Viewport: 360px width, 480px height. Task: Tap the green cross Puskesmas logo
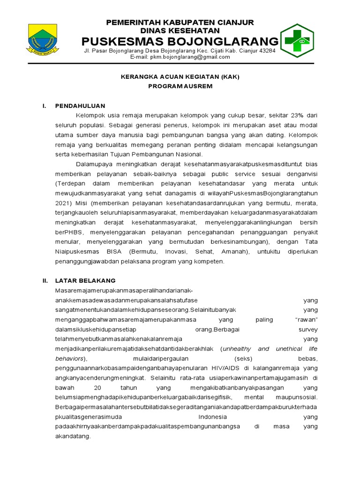(297, 40)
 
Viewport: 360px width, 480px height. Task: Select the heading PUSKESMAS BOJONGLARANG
(180, 41)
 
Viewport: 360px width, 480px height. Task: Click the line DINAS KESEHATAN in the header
(180, 30)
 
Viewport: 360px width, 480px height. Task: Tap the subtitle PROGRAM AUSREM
(180, 86)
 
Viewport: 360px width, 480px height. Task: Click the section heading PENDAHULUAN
(80, 106)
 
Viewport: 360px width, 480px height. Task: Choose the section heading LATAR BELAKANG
(85, 280)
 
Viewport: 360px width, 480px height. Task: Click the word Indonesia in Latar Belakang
(213, 417)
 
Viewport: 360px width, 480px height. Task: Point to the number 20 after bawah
(97, 388)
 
